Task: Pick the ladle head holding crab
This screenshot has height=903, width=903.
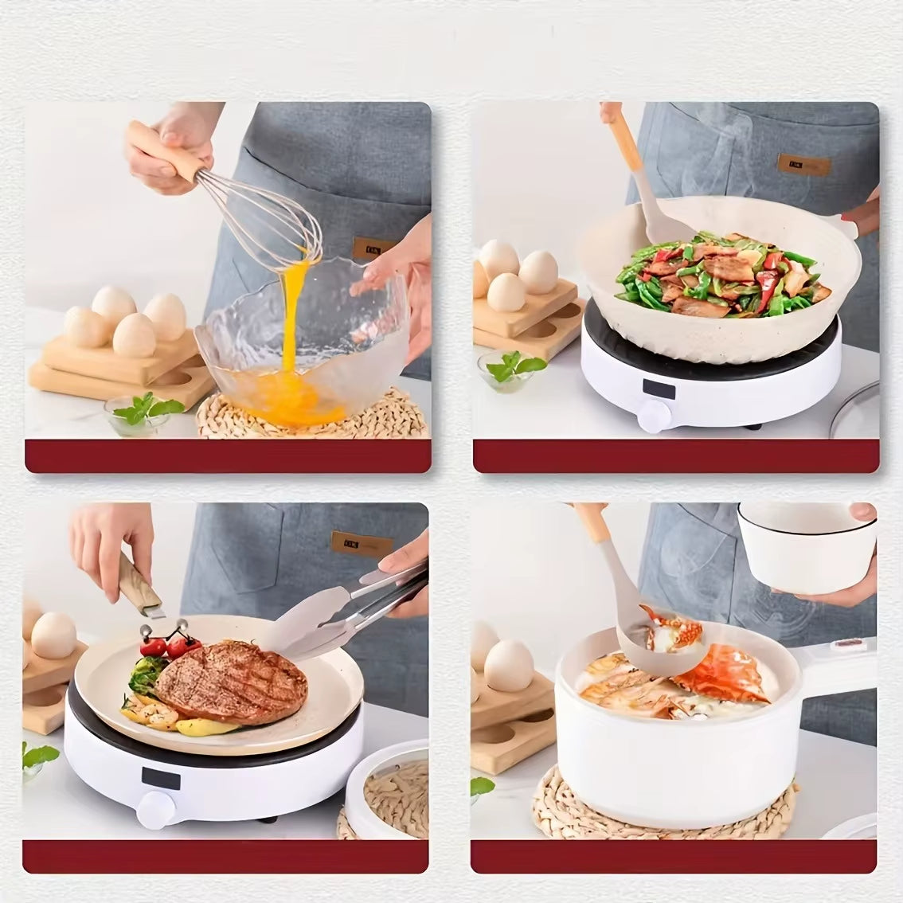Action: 672,632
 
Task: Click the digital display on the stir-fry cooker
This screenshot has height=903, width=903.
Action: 660,389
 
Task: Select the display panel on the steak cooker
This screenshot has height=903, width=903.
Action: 162,776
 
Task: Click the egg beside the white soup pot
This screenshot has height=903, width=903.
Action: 508,665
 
